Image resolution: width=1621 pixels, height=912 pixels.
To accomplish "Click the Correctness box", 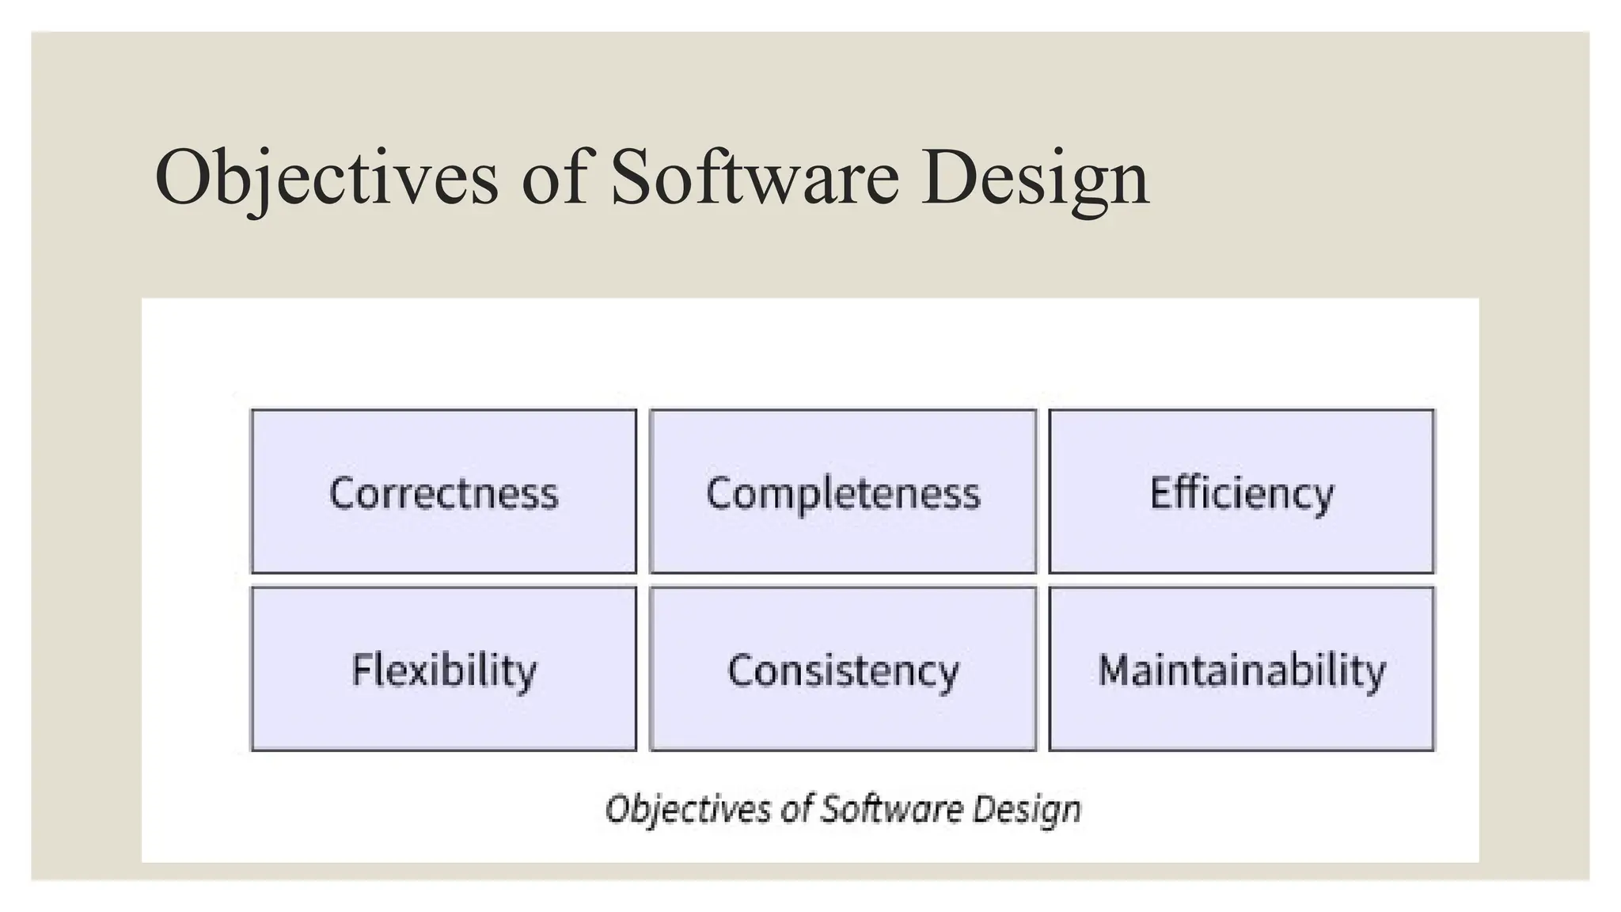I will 443,492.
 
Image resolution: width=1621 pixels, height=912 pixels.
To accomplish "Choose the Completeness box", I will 843,492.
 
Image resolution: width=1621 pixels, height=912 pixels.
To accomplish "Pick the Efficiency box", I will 1241,492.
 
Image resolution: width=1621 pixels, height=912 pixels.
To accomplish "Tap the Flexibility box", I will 443,669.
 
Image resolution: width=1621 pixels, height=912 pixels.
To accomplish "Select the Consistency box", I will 843,669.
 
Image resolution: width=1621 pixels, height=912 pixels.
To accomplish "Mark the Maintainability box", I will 1241,669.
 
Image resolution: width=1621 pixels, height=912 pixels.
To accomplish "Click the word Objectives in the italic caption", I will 688,809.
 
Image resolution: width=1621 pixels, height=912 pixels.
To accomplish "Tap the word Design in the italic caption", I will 1027,809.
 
